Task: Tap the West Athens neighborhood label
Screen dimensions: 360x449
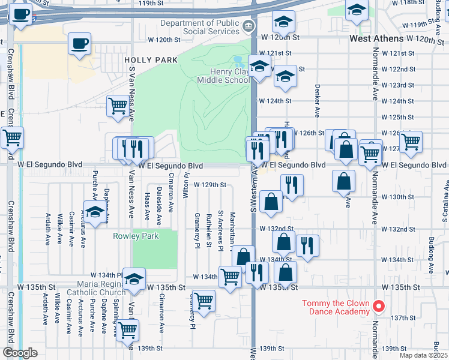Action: [x=376, y=38]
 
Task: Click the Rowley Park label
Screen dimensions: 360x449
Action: [x=136, y=236]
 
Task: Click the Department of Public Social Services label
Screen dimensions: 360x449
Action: [x=203, y=27]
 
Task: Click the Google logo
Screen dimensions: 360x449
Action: [x=20, y=353]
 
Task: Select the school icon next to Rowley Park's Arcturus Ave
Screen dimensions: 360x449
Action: [x=94, y=213]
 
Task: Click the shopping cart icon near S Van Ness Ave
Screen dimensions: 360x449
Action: [x=118, y=106]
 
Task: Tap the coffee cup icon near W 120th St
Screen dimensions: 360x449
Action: [x=80, y=44]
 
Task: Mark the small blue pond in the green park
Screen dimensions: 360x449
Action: [x=238, y=61]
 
